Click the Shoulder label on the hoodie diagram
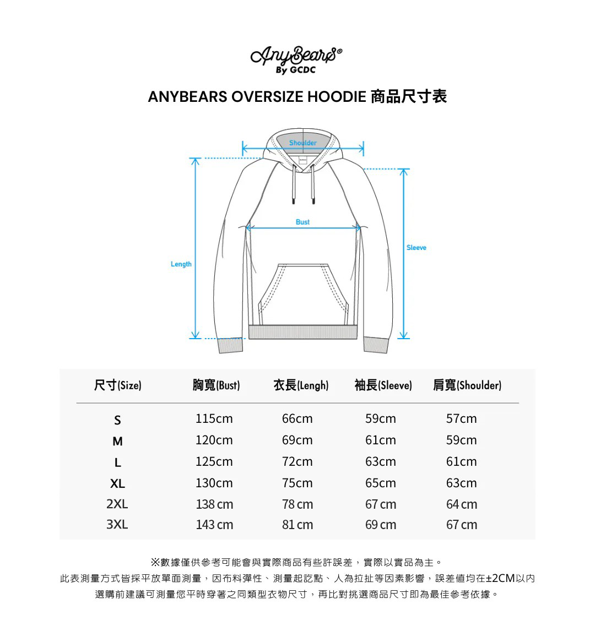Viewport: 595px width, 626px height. [303, 143]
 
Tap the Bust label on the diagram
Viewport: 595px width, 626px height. [302, 222]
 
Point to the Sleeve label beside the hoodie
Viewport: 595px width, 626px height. [416, 248]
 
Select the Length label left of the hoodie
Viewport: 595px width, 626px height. [181, 264]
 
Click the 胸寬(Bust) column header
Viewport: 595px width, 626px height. [216, 385]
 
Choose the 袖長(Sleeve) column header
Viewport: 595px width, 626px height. [383, 385]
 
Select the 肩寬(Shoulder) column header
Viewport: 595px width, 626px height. [467, 385]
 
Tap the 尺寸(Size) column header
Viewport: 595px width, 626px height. [117, 385]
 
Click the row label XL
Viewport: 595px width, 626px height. [117, 483]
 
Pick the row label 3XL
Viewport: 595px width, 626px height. [117, 525]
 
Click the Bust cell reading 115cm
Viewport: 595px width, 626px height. [214, 419]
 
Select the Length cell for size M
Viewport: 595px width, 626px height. [297, 440]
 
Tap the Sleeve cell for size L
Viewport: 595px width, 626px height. [380, 461]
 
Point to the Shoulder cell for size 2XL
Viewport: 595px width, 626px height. [462, 504]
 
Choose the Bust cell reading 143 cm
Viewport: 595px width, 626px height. [214, 525]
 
